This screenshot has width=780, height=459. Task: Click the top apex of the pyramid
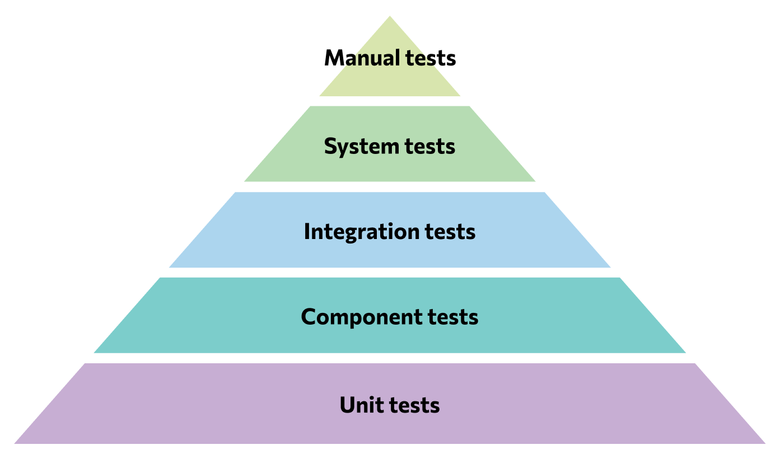click(390, 17)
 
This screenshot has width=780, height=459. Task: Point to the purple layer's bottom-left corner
click(15, 443)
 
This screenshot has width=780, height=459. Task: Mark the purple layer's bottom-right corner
click(764, 443)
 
